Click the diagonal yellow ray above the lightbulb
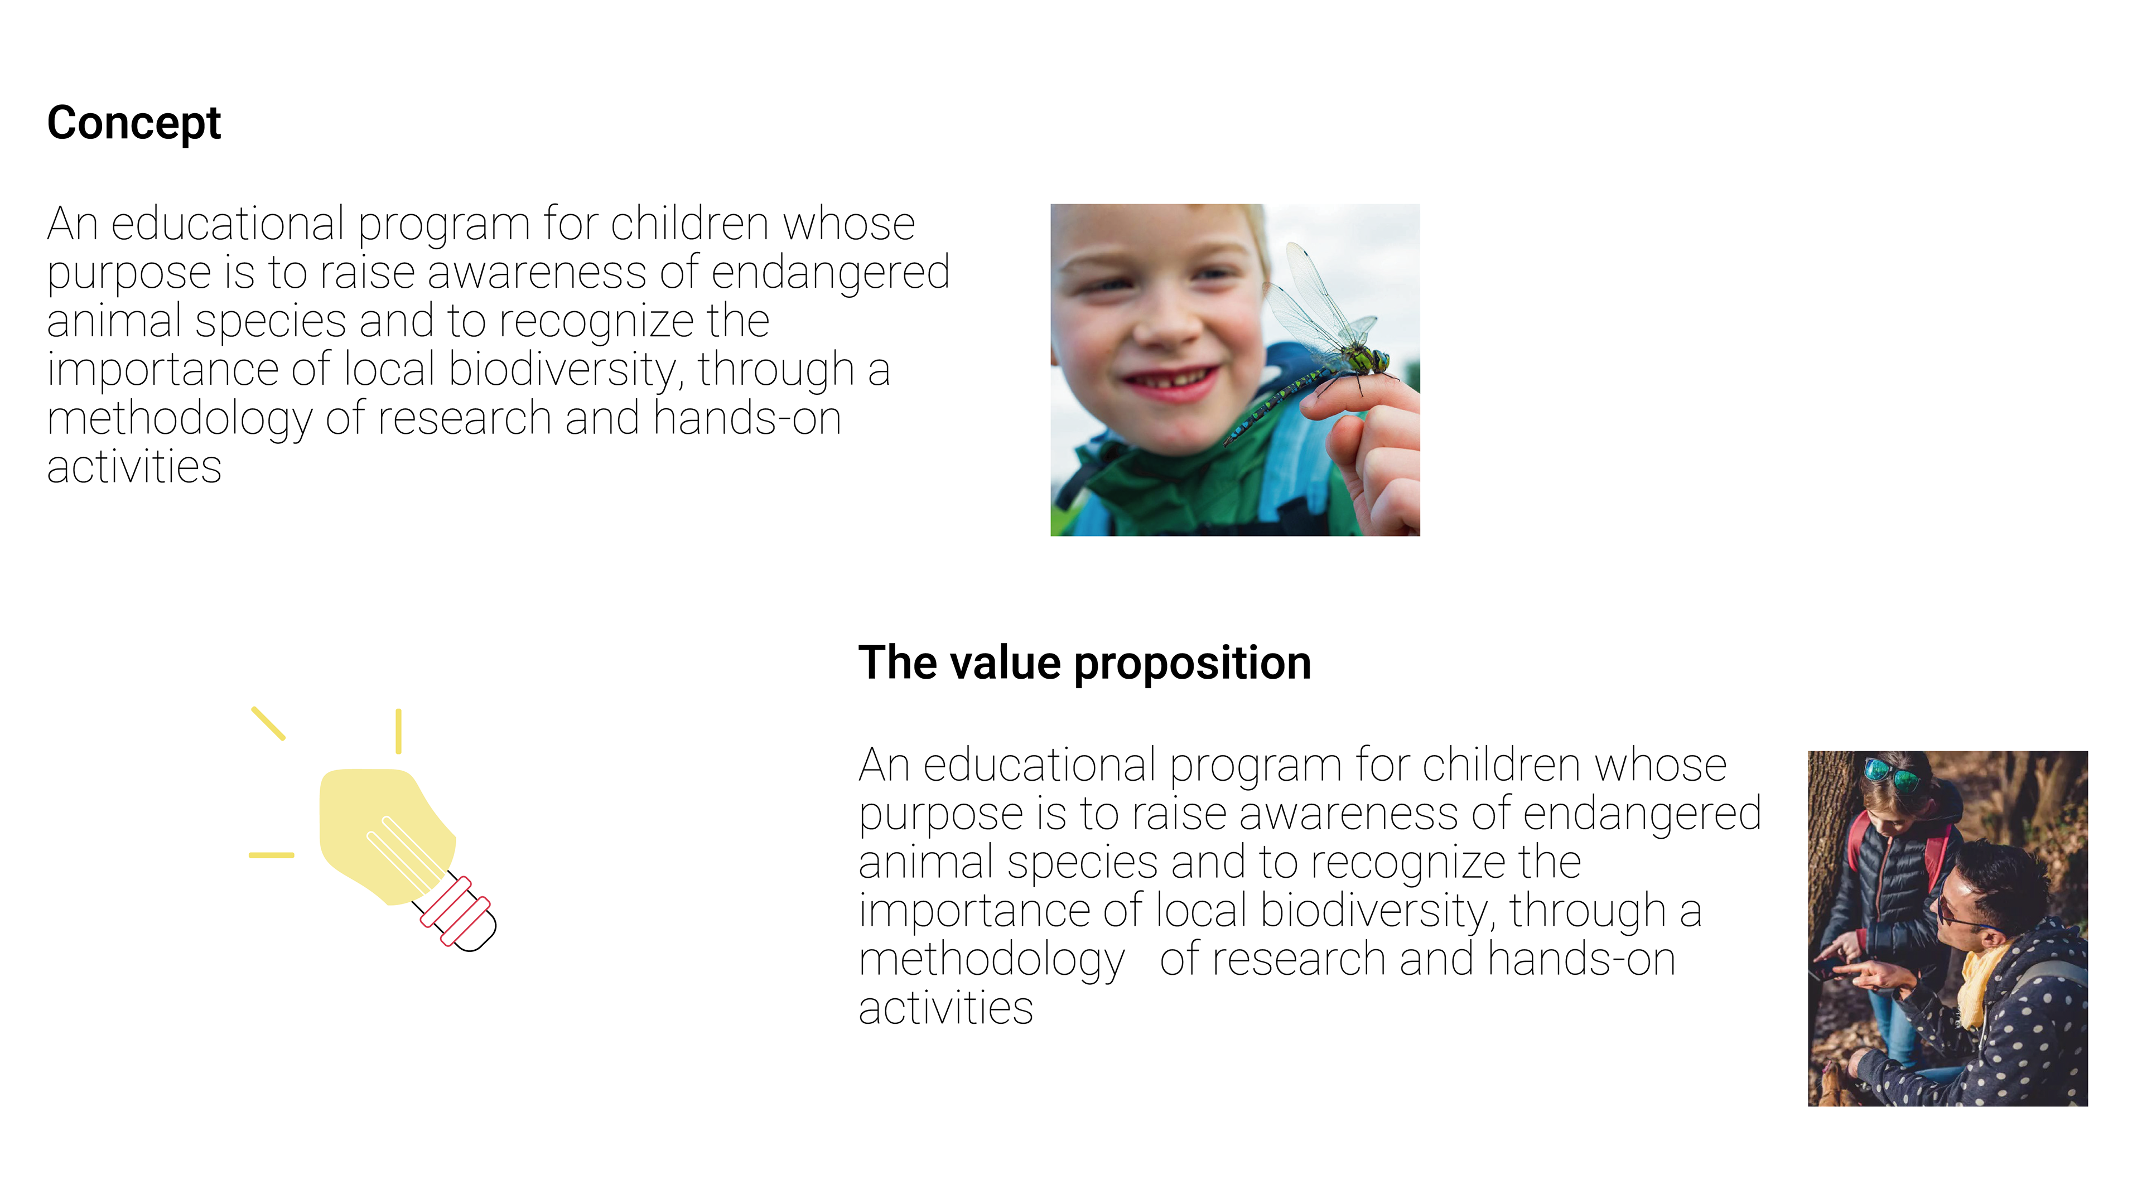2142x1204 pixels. (268, 723)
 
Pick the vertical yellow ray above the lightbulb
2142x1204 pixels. (398, 732)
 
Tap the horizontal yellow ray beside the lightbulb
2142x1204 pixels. (271, 855)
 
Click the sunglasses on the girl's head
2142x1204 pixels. (1892, 774)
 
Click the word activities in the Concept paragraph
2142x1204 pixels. (134, 467)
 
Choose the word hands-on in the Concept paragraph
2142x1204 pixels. (747, 418)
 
